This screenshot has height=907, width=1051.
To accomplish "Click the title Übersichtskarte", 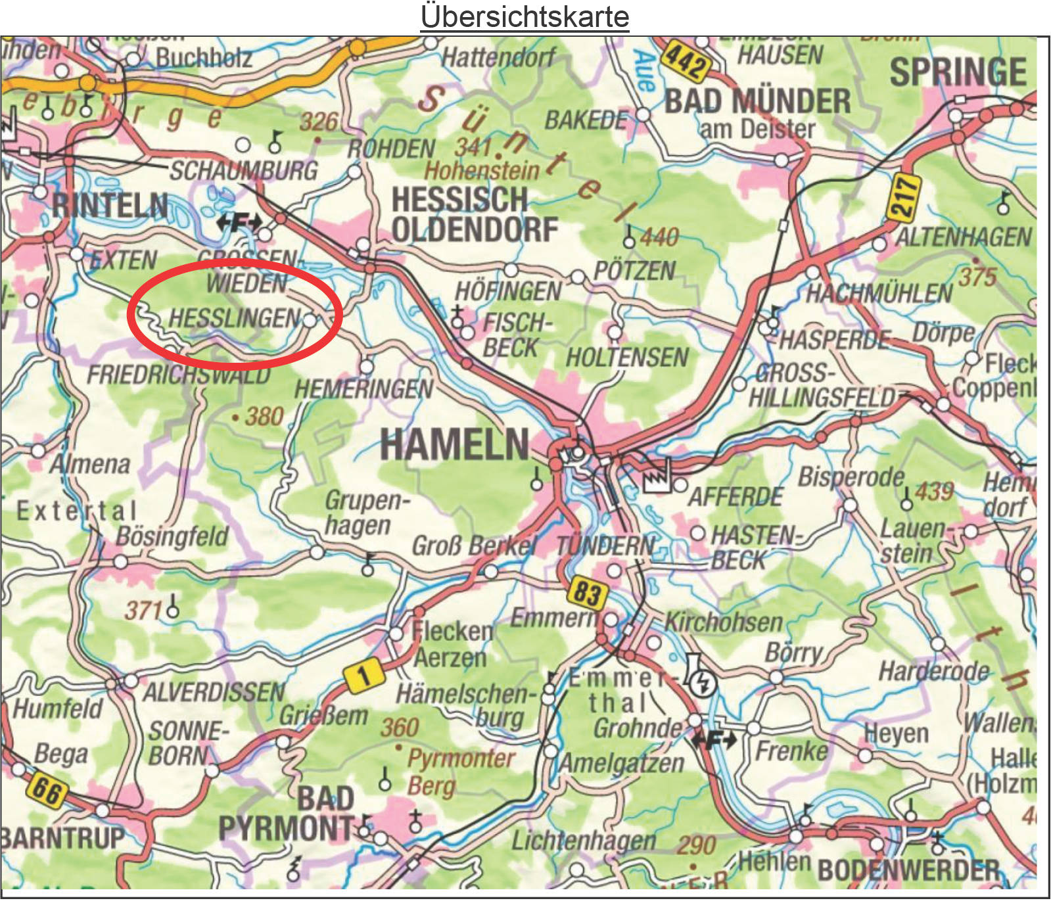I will [525, 16].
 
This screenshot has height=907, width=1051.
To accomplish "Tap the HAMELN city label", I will [455, 445].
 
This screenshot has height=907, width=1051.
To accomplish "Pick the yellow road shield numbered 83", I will [586, 593].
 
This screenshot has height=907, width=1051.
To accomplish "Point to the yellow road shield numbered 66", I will [47, 789].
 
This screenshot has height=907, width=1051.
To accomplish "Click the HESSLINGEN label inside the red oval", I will [234, 319].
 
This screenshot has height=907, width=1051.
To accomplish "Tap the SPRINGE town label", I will [958, 72].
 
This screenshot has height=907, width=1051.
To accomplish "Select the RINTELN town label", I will [110, 206].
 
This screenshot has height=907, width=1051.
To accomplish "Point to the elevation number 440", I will [659, 237].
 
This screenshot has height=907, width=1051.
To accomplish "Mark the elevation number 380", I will [264, 417].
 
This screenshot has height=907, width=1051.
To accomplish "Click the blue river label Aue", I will [645, 70].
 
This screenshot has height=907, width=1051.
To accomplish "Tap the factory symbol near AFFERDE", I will [655, 477].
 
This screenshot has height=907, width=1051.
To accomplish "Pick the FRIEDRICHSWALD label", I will [179, 375].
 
